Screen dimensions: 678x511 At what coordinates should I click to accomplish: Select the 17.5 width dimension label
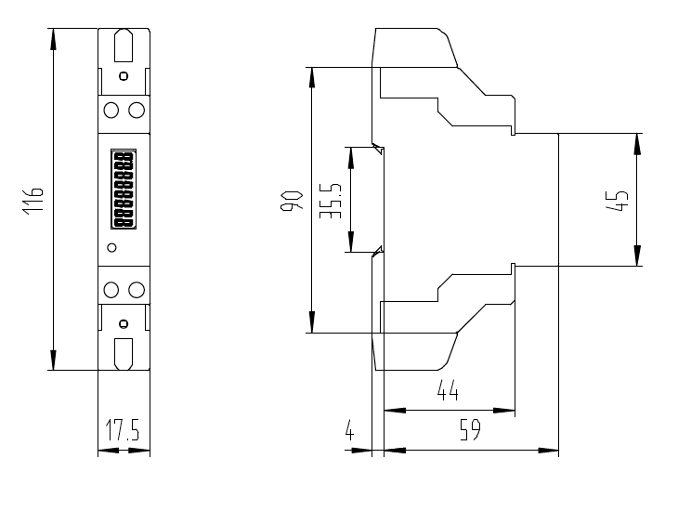tap(124, 429)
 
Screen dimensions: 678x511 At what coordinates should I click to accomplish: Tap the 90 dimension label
tap(292, 201)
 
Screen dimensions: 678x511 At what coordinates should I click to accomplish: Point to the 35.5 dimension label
tap(331, 201)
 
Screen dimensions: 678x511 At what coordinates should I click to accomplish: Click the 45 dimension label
tap(617, 201)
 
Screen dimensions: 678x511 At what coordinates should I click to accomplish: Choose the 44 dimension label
tap(448, 390)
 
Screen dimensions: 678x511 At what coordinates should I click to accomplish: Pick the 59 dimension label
tap(470, 429)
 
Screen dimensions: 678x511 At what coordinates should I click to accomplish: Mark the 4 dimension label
tap(349, 429)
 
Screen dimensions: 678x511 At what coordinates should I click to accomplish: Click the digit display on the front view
tap(124, 190)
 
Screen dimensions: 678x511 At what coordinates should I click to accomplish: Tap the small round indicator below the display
tap(111, 247)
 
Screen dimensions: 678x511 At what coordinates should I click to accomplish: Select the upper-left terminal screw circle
tap(111, 110)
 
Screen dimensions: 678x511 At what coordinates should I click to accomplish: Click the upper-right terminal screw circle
tap(137, 110)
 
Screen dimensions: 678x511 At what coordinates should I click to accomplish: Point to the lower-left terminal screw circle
tap(111, 290)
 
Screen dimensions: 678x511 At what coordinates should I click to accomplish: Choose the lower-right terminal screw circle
tap(137, 290)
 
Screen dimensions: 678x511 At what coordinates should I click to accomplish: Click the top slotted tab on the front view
tap(124, 45)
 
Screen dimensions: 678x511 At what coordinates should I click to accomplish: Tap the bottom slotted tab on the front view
tap(124, 354)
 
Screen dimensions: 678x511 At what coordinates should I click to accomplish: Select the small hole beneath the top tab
tap(124, 76)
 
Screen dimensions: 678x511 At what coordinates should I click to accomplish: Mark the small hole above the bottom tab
tap(124, 323)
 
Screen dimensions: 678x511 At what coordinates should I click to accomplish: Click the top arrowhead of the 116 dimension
tap(53, 39)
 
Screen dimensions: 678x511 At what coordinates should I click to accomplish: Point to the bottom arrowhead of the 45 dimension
tap(637, 255)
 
